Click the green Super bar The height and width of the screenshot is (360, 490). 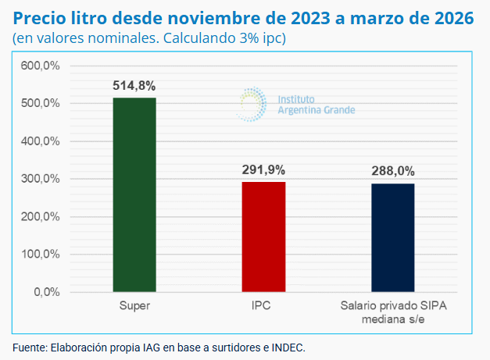pos(134,195)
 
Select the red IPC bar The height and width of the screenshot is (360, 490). pos(263,237)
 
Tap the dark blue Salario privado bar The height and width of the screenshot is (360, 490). pos(392,238)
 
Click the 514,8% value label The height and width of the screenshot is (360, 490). pos(134,86)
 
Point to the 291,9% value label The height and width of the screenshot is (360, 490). pos(263,169)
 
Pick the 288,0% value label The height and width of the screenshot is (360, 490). pos(392,171)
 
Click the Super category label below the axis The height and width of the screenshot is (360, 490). pos(134,305)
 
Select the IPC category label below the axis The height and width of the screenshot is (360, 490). pos(263,305)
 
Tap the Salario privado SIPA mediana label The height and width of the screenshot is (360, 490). pos(392,312)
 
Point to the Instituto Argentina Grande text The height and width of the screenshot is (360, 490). pos(316,105)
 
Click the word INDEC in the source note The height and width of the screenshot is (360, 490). pos(287,347)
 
